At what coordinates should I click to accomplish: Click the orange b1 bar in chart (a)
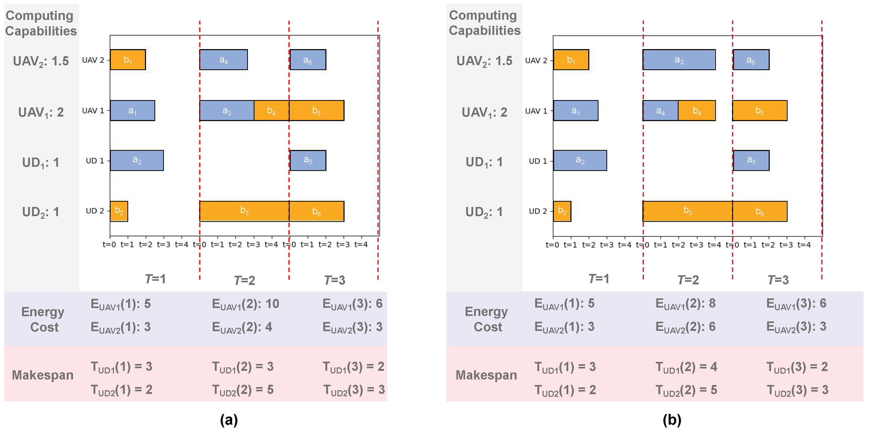point(128,60)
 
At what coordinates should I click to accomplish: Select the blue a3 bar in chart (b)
point(679,60)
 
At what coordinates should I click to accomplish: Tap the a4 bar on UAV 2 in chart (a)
point(223,60)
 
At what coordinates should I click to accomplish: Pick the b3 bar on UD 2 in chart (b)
point(688,211)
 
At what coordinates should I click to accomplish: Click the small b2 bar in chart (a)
point(119,211)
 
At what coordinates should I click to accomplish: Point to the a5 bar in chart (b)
point(751,160)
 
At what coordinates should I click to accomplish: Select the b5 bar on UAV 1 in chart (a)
point(316,111)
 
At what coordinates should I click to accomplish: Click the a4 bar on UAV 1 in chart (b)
point(660,111)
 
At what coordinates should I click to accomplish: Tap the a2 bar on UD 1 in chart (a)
point(137,160)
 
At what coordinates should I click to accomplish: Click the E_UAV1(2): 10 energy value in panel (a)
point(245,304)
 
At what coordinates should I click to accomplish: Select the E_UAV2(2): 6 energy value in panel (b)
point(685,327)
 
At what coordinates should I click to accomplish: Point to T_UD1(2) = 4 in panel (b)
point(686,367)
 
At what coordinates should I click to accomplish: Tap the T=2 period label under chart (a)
point(244,280)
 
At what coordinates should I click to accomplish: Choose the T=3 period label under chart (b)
point(778,280)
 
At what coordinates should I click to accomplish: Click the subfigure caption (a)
point(229,420)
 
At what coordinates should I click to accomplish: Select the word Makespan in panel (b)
point(486,375)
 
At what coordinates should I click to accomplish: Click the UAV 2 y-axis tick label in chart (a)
point(93,60)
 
